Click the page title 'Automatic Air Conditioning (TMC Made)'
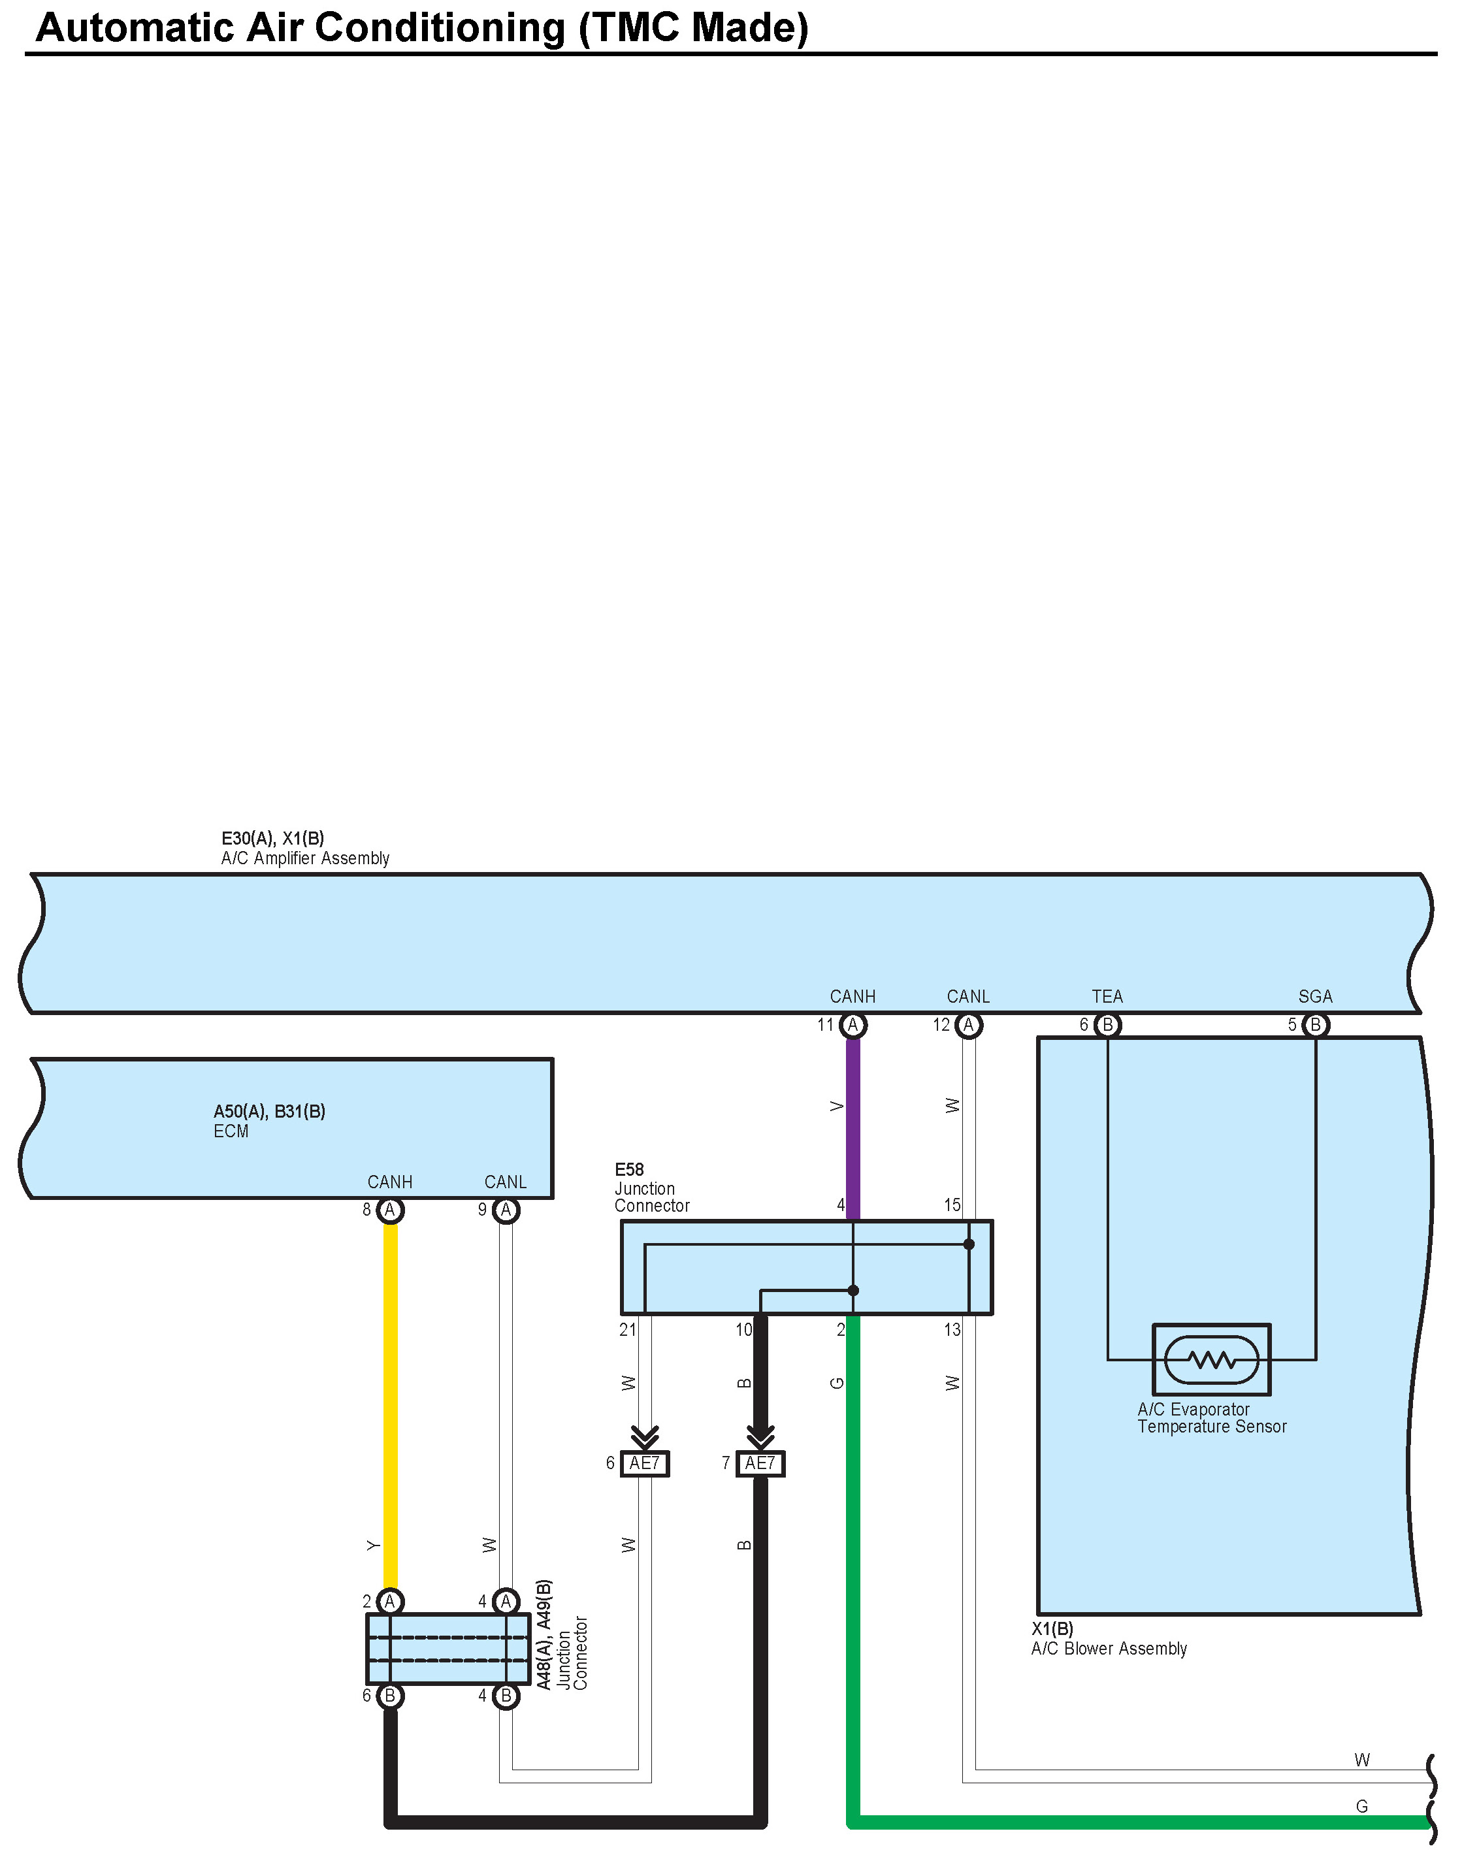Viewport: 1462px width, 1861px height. [421, 28]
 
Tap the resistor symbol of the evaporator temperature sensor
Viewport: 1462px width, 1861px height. [1211, 1359]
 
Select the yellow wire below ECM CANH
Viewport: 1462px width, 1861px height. [390, 1404]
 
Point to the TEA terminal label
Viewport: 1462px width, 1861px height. [1107, 996]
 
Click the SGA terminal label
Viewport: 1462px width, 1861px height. [1315, 996]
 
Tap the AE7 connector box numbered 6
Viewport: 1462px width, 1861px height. [645, 1464]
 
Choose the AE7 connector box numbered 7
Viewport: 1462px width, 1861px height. [760, 1464]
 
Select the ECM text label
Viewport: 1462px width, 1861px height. [231, 1131]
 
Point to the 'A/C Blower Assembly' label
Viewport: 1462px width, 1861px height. [1109, 1649]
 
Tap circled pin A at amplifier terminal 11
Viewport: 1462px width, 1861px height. [853, 1025]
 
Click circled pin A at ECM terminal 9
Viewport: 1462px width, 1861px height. [506, 1210]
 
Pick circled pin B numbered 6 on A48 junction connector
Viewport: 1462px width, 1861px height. [390, 1696]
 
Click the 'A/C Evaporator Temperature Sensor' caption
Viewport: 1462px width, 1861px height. [1211, 1417]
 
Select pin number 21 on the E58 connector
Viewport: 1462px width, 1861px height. [627, 1330]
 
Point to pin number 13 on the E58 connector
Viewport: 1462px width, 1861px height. [952, 1330]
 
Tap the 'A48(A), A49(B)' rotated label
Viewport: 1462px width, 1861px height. [544, 1634]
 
